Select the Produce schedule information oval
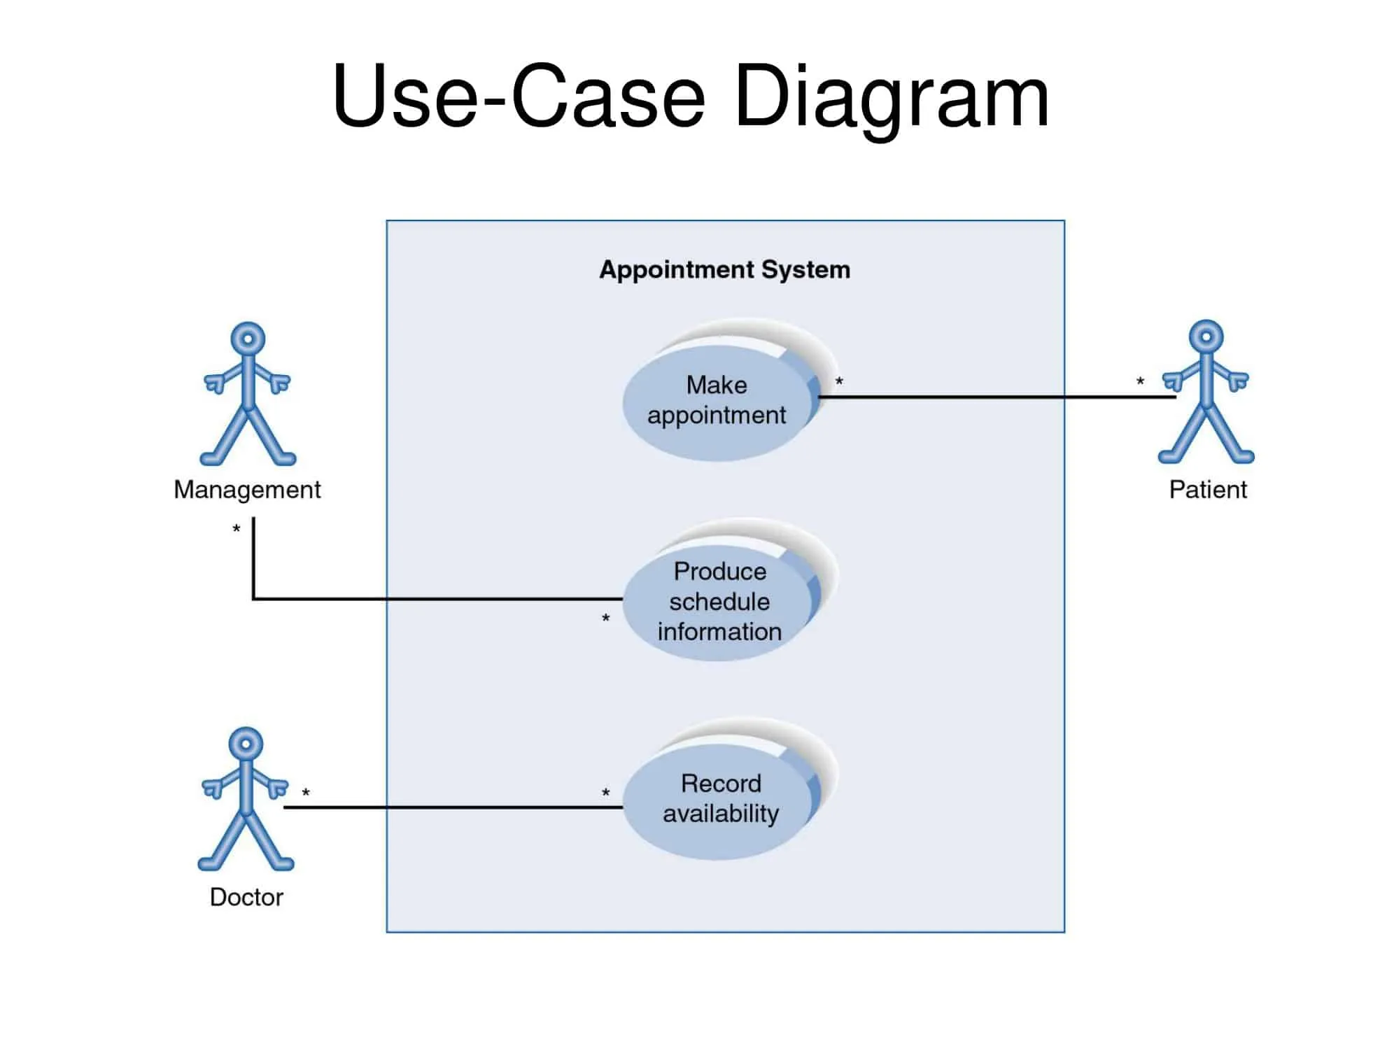(719, 601)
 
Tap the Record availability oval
(720, 798)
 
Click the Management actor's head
(248, 339)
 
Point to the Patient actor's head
(1206, 337)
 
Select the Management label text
(247, 490)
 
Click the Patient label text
(1208, 490)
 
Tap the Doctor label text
(246, 897)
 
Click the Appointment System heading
(724, 270)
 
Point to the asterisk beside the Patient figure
(1140, 382)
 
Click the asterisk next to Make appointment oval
(839, 382)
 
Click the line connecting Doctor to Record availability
(455, 807)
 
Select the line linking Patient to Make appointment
(994, 397)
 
